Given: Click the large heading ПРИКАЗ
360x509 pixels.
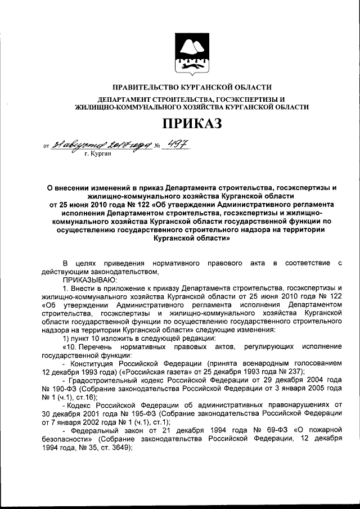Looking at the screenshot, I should pyautogui.click(x=192, y=122).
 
